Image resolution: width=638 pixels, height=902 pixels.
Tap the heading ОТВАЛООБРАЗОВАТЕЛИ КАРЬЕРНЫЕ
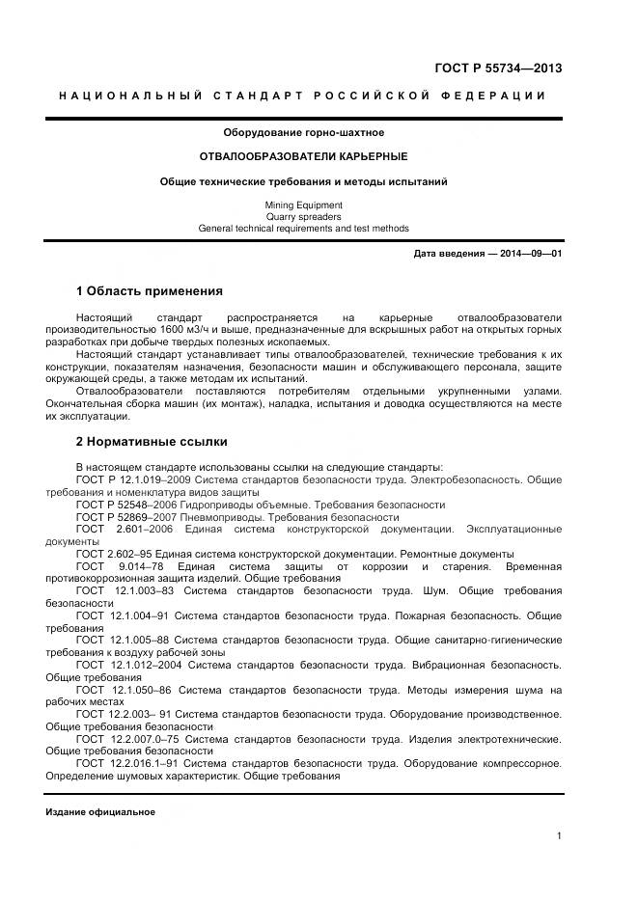[303, 156]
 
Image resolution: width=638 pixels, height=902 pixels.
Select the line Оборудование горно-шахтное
[303, 132]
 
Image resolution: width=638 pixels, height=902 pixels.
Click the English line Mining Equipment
[303, 205]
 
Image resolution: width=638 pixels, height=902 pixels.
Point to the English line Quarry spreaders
[303, 217]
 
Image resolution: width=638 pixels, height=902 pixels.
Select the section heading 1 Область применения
[150, 290]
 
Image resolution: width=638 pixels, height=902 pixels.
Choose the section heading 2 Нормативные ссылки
[152, 442]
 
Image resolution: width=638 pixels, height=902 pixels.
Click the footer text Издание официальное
[100, 811]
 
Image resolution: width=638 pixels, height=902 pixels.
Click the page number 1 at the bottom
[559, 836]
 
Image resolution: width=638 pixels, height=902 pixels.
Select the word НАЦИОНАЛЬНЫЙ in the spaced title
[130, 96]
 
